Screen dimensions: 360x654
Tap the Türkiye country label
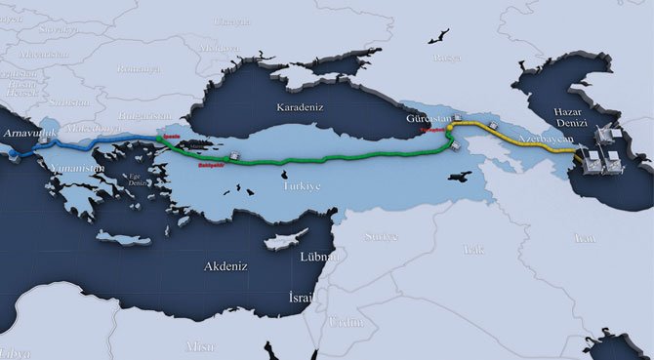pos(302,185)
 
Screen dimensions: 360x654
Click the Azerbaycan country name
pos(547,142)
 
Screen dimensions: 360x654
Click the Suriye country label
pos(381,237)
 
